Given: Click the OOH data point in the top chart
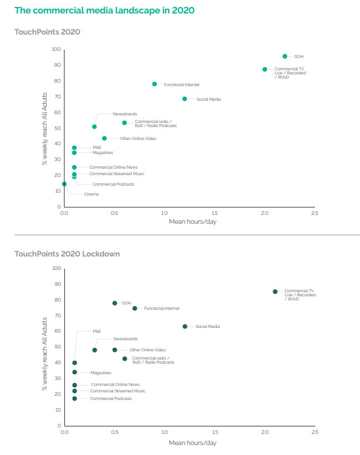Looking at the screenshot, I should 285,56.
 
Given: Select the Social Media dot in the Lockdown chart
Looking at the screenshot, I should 185,326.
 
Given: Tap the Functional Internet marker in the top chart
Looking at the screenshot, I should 155,84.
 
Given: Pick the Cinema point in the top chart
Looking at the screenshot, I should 64,184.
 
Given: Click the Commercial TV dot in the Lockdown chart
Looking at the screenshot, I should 275,292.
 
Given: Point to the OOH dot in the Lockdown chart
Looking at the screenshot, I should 115,303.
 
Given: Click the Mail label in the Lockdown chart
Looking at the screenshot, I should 97,331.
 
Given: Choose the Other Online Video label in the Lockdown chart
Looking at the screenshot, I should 148,350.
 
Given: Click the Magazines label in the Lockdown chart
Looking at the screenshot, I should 101,372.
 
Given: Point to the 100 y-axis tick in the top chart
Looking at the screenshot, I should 57,49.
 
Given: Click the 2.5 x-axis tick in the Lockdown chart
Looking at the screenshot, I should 315,433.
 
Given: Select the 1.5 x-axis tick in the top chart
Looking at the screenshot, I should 215,214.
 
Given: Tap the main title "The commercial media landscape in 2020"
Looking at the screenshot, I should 104,11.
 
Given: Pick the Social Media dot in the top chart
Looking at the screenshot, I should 184,99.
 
